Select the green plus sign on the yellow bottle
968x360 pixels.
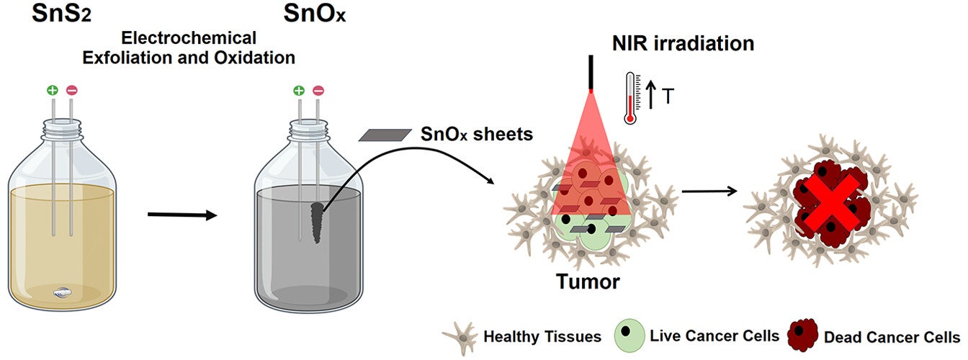click(x=53, y=91)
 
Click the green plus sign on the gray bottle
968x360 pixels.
click(x=299, y=91)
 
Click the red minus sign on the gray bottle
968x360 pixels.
click(x=318, y=91)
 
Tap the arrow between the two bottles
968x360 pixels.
click(x=181, y=215)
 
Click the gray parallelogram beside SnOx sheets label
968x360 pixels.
click(x=382, y=135)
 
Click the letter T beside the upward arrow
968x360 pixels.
click(x=668, y=96)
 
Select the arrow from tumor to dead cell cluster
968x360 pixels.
click(x=709, y=192)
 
